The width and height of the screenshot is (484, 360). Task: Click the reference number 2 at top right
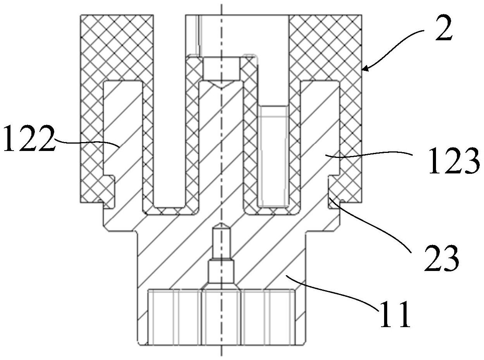coord(443,28)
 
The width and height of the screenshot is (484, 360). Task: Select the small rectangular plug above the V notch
coord(221,68)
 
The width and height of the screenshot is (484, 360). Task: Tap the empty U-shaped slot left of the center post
coord(169,111)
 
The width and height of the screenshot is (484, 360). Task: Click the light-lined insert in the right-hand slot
coord(273,156)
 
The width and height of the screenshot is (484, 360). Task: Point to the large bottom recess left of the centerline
coord(175,320)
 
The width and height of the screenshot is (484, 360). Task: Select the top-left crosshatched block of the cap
coord(117,47)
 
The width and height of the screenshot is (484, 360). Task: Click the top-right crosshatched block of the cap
coord(325,47)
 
